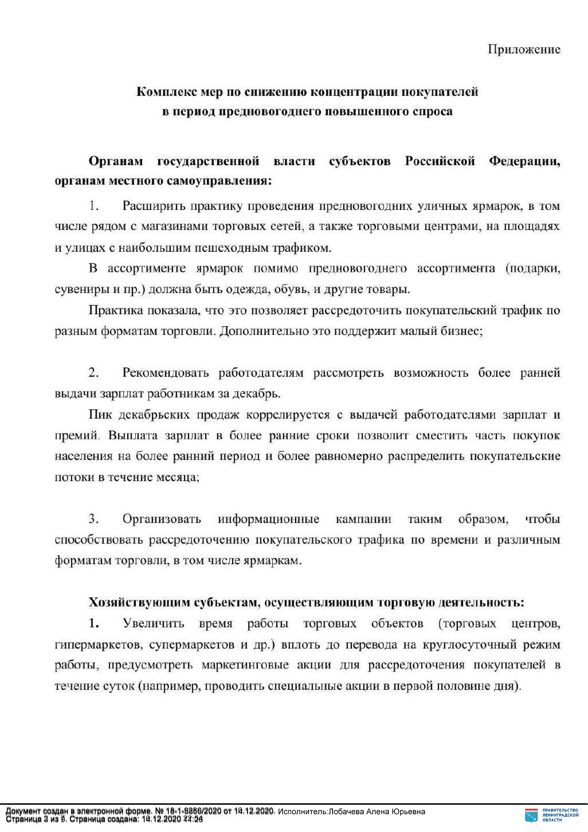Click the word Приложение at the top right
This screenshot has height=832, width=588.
pyautogui.click(x=524, y=49)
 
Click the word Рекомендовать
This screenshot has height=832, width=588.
pyautogui.click(x=166, y=373)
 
